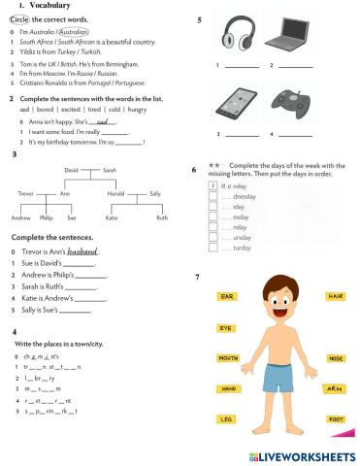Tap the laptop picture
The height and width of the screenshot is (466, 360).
(290, 38)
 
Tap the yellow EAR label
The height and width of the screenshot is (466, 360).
(227, 296)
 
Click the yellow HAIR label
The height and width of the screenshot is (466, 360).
(336, 296)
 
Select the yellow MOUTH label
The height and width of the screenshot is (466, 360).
(228, 358)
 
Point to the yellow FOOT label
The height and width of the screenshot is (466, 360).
(336, 418)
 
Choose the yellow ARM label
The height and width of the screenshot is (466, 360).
(335, 388)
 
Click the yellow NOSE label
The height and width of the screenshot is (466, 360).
(336, 358)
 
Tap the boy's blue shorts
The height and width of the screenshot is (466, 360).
(280, 381)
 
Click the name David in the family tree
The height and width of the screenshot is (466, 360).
(71, 169)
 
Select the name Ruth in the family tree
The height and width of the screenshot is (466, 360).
(162, 217)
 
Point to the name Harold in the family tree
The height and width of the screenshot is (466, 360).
(115, 193)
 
